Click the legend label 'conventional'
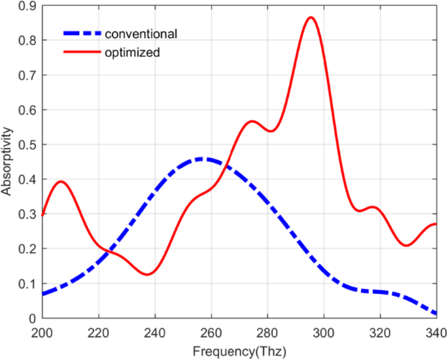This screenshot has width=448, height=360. click(141, 33)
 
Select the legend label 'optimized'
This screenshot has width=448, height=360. click(132, 53)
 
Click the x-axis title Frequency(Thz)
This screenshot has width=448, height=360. click(239, 351)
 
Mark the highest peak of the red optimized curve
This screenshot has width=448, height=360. click(311, 18)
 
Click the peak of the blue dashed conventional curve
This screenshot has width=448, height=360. click(203, 159)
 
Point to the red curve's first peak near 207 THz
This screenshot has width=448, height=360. click(61, 182)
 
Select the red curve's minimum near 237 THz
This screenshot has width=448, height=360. click(147, 274)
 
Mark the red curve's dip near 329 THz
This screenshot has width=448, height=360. click(407, 246)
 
